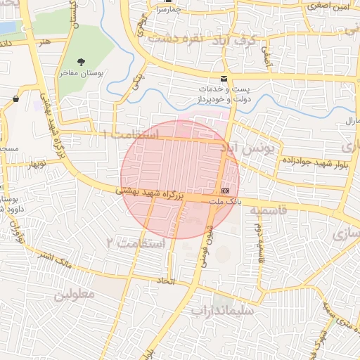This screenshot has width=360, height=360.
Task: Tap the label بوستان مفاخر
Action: tap(82, 73)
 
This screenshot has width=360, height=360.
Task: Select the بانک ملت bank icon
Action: tap(225, 191)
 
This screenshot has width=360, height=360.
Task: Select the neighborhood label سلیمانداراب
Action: tap(226, 309)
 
